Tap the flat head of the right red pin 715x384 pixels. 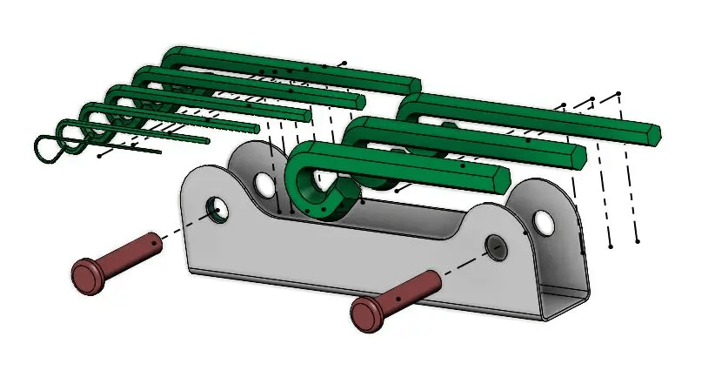[x=366, y=314]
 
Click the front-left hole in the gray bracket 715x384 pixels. [x=217, y=208]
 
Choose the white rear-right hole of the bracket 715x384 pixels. [x=545, y=221]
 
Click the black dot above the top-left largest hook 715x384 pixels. [x=344, y=63]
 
